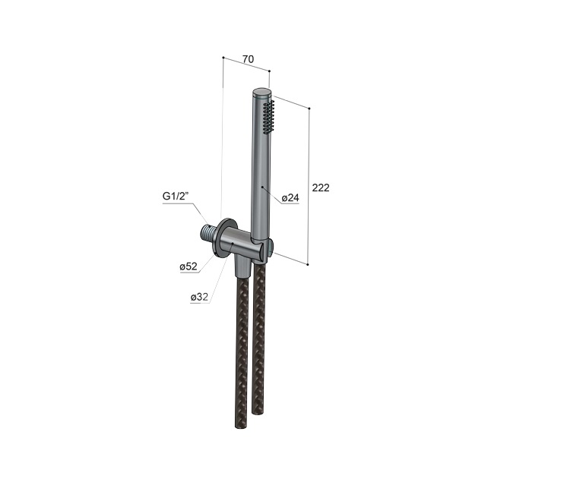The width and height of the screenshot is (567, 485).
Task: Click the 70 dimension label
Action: (248, 59)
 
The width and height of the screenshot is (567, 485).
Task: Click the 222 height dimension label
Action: (321, 187)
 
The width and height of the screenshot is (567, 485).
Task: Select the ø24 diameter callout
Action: (290, 198)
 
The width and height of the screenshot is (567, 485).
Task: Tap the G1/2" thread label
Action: (176, 196)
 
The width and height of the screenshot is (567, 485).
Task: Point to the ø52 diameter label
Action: (188, 266)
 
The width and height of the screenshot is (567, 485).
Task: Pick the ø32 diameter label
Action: (200, 298)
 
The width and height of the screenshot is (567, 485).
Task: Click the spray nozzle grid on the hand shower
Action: (268, 117)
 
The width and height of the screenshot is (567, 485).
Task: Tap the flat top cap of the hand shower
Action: (261, 93)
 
